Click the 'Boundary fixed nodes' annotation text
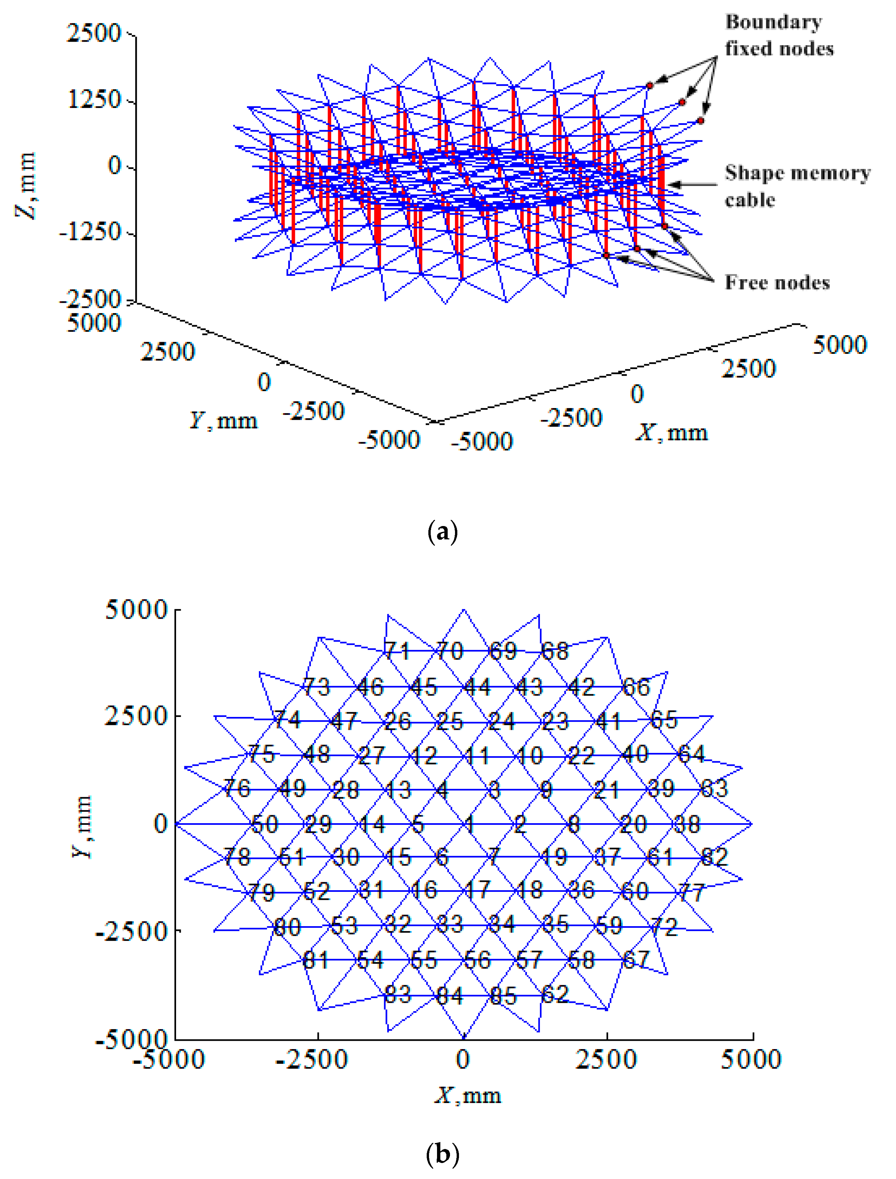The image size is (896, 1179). (x=778, y=35)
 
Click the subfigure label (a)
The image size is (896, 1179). (x=443, y=532)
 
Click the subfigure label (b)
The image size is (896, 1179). (x=443, y=1154)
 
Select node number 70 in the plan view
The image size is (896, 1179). (x=450, y=651)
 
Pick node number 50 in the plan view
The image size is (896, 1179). (x=265, y=824)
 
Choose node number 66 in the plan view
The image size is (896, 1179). (x=636, y=687)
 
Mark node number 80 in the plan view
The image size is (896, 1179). (x=288, y=927)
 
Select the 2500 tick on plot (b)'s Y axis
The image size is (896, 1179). (x=136, y=716)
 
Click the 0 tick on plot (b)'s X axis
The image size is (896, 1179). (x=463, y=1059)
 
